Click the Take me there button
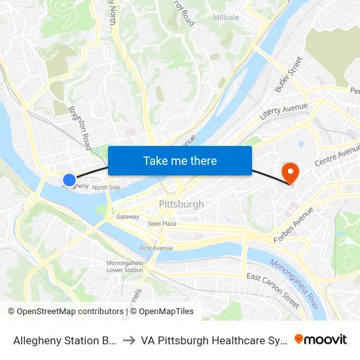coord(180,160)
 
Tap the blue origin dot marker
coord(69,179)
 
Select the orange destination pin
coord(289,173)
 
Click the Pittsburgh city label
coord(181,204)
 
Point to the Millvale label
coord(226,18)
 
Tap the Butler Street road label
coord(289,73)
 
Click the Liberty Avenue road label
coord(283,111)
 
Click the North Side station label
coord(106,188)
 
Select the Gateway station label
coord(128,216)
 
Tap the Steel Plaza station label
coord(162,224)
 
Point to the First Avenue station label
coord(156,249)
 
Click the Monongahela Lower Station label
coord(124,266)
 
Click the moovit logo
coord(321,339)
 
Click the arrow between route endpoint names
coord(129,340)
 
